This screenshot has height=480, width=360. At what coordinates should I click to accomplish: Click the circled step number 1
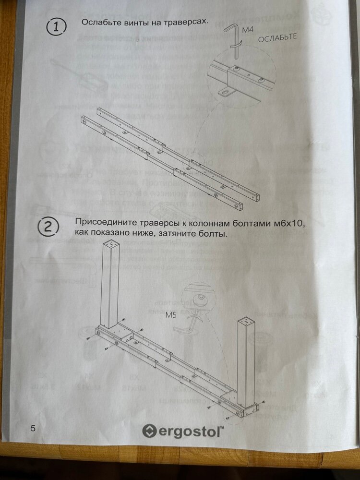56,27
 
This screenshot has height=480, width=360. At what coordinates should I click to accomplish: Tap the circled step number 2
48,228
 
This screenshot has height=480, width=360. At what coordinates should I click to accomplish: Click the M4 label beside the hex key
247,30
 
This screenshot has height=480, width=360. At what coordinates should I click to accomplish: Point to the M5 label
171,315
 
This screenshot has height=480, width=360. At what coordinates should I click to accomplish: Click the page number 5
33,428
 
